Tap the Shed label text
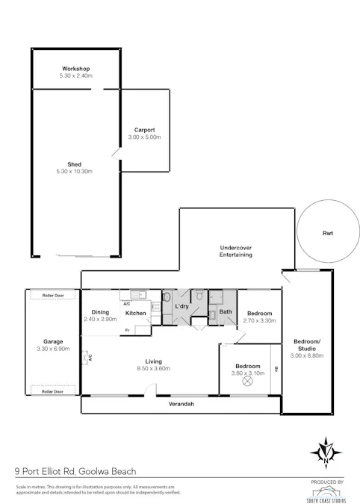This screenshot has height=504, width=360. [75, 164]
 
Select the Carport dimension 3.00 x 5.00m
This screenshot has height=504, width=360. [144, 137]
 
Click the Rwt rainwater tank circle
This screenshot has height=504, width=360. [327, 233]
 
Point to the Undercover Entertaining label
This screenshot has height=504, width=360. [235, 251]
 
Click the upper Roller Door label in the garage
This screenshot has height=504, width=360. [52, 295]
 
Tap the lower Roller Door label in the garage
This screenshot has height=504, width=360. [52, 391]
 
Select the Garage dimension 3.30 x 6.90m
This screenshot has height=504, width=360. [52, 349]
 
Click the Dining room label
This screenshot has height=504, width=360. [100, 312]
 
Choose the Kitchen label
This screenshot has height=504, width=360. [135, 313]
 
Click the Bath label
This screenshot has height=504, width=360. [225, 311]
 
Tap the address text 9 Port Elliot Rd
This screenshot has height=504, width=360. [46, 471]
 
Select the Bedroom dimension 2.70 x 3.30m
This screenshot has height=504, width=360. [260, 320]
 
